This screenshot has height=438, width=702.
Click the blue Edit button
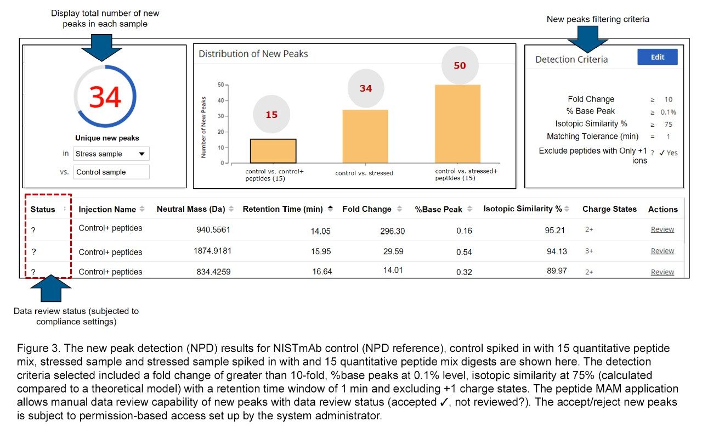point(657,57)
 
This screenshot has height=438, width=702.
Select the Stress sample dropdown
point(111,154)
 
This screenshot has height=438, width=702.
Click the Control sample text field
point(111,172)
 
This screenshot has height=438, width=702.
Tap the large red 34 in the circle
point(105,97)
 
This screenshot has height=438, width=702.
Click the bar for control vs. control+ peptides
point(273,151)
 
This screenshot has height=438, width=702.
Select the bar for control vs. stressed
point(365,136)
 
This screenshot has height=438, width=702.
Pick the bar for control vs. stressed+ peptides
point(457,123)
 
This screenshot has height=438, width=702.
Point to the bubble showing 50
point(460,65)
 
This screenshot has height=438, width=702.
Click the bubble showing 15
point(271,115)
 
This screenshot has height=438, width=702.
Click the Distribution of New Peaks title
point(253,54)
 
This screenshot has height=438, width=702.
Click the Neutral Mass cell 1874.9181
point(212,251)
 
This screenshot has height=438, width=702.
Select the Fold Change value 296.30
point(392,231)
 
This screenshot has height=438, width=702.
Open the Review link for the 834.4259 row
point(662,272)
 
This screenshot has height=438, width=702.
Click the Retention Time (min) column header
point(282,209)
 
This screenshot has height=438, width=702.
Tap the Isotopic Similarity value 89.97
point(557,271)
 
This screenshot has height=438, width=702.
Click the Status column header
point(43,209)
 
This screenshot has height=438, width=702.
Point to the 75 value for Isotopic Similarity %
point(668,124)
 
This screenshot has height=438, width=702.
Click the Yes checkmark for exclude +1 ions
point(669,153)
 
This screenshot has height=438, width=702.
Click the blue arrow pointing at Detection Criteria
point(587,39)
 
